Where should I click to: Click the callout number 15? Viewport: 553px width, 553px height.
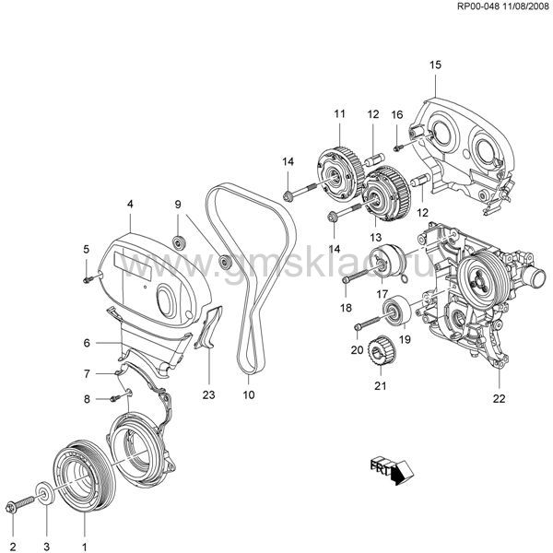coord(436,64)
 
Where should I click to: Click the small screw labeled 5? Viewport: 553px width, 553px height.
coord(88,274)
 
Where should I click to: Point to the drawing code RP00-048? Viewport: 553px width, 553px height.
coord(474,8)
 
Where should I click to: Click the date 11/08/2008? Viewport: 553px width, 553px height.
coord(522,8)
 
